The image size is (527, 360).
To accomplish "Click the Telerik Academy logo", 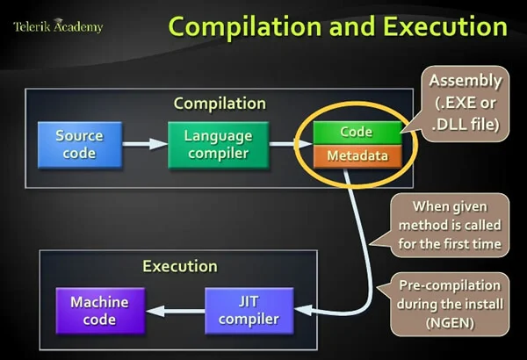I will (x=57, y=26).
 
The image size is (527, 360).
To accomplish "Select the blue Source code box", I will (x=79, y=145).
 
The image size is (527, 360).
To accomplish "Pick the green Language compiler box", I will (x=218, y=145).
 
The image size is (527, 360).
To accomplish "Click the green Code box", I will (x=356, y=133).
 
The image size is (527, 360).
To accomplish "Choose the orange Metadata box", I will (x=356, y=155).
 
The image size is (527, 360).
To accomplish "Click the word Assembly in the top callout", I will (x=466, y=82).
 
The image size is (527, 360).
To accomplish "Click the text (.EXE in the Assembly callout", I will (x=452, y=103).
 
